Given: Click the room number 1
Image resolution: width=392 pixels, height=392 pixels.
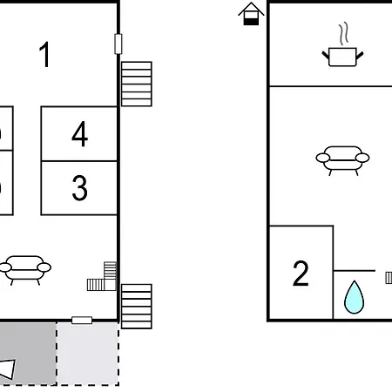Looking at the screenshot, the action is [45, 55].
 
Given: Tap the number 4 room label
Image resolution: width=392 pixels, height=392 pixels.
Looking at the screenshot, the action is [80, 134].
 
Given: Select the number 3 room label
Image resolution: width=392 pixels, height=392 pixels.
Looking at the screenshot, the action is [79, 188].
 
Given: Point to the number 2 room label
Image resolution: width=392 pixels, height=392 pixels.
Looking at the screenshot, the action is [301, 273].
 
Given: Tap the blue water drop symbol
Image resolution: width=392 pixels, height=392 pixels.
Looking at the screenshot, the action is [354, 297].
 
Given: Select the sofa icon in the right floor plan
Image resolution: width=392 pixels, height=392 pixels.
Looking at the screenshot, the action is [342, 160].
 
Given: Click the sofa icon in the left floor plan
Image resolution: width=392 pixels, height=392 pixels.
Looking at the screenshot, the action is [25, 270].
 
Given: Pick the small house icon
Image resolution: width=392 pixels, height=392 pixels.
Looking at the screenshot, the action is [251, 14].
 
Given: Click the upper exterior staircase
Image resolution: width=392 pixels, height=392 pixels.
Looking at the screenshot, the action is [137, 84].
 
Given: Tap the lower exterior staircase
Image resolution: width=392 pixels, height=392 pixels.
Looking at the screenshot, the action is [137, 307].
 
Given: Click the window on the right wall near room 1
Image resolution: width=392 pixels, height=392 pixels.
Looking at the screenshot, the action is [118, 44].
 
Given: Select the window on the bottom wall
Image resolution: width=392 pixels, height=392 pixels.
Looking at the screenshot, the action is [82, 321].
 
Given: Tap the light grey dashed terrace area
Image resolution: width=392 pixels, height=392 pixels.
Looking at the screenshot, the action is [88, 354].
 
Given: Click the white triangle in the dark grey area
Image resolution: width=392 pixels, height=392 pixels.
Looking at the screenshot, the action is [8, 368].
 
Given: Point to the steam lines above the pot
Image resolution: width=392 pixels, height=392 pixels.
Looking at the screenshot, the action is [344, 33].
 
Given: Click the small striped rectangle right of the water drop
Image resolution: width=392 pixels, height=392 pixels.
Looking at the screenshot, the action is [389, 278].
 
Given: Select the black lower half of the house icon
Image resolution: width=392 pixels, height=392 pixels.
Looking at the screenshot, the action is [251, 22].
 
